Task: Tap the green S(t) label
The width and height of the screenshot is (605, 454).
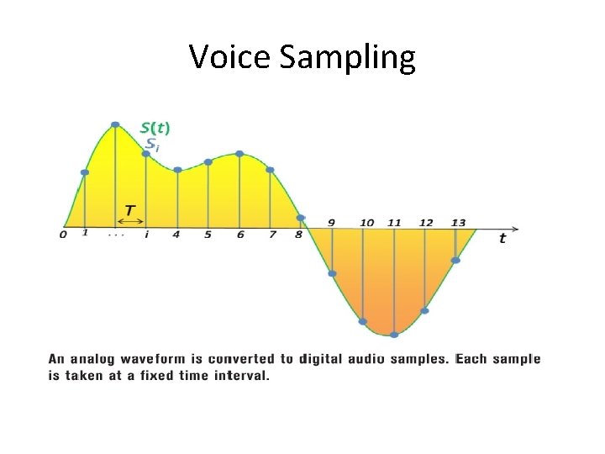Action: click(155, 127)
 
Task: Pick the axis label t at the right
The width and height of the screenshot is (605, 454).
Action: click(502, 238)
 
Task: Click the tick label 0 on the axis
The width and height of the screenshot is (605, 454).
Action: click(63, 235)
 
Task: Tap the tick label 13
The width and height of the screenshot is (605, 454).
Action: click(458, 222)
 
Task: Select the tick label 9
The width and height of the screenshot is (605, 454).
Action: click(332, 222)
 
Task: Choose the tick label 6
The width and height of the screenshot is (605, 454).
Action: click(239, 235)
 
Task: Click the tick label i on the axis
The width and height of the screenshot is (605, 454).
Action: click(146, 235)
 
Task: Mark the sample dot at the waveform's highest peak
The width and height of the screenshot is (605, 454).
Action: click(115, 125)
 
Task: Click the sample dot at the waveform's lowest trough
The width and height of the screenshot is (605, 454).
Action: click(393, 335)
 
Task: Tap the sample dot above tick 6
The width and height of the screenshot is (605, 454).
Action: click(239, 154)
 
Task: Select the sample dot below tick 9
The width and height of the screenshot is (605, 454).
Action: click(332, 273)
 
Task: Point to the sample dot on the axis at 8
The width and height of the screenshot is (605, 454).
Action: click(300, 219)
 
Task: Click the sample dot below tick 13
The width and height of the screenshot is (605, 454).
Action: click(455, 261)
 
